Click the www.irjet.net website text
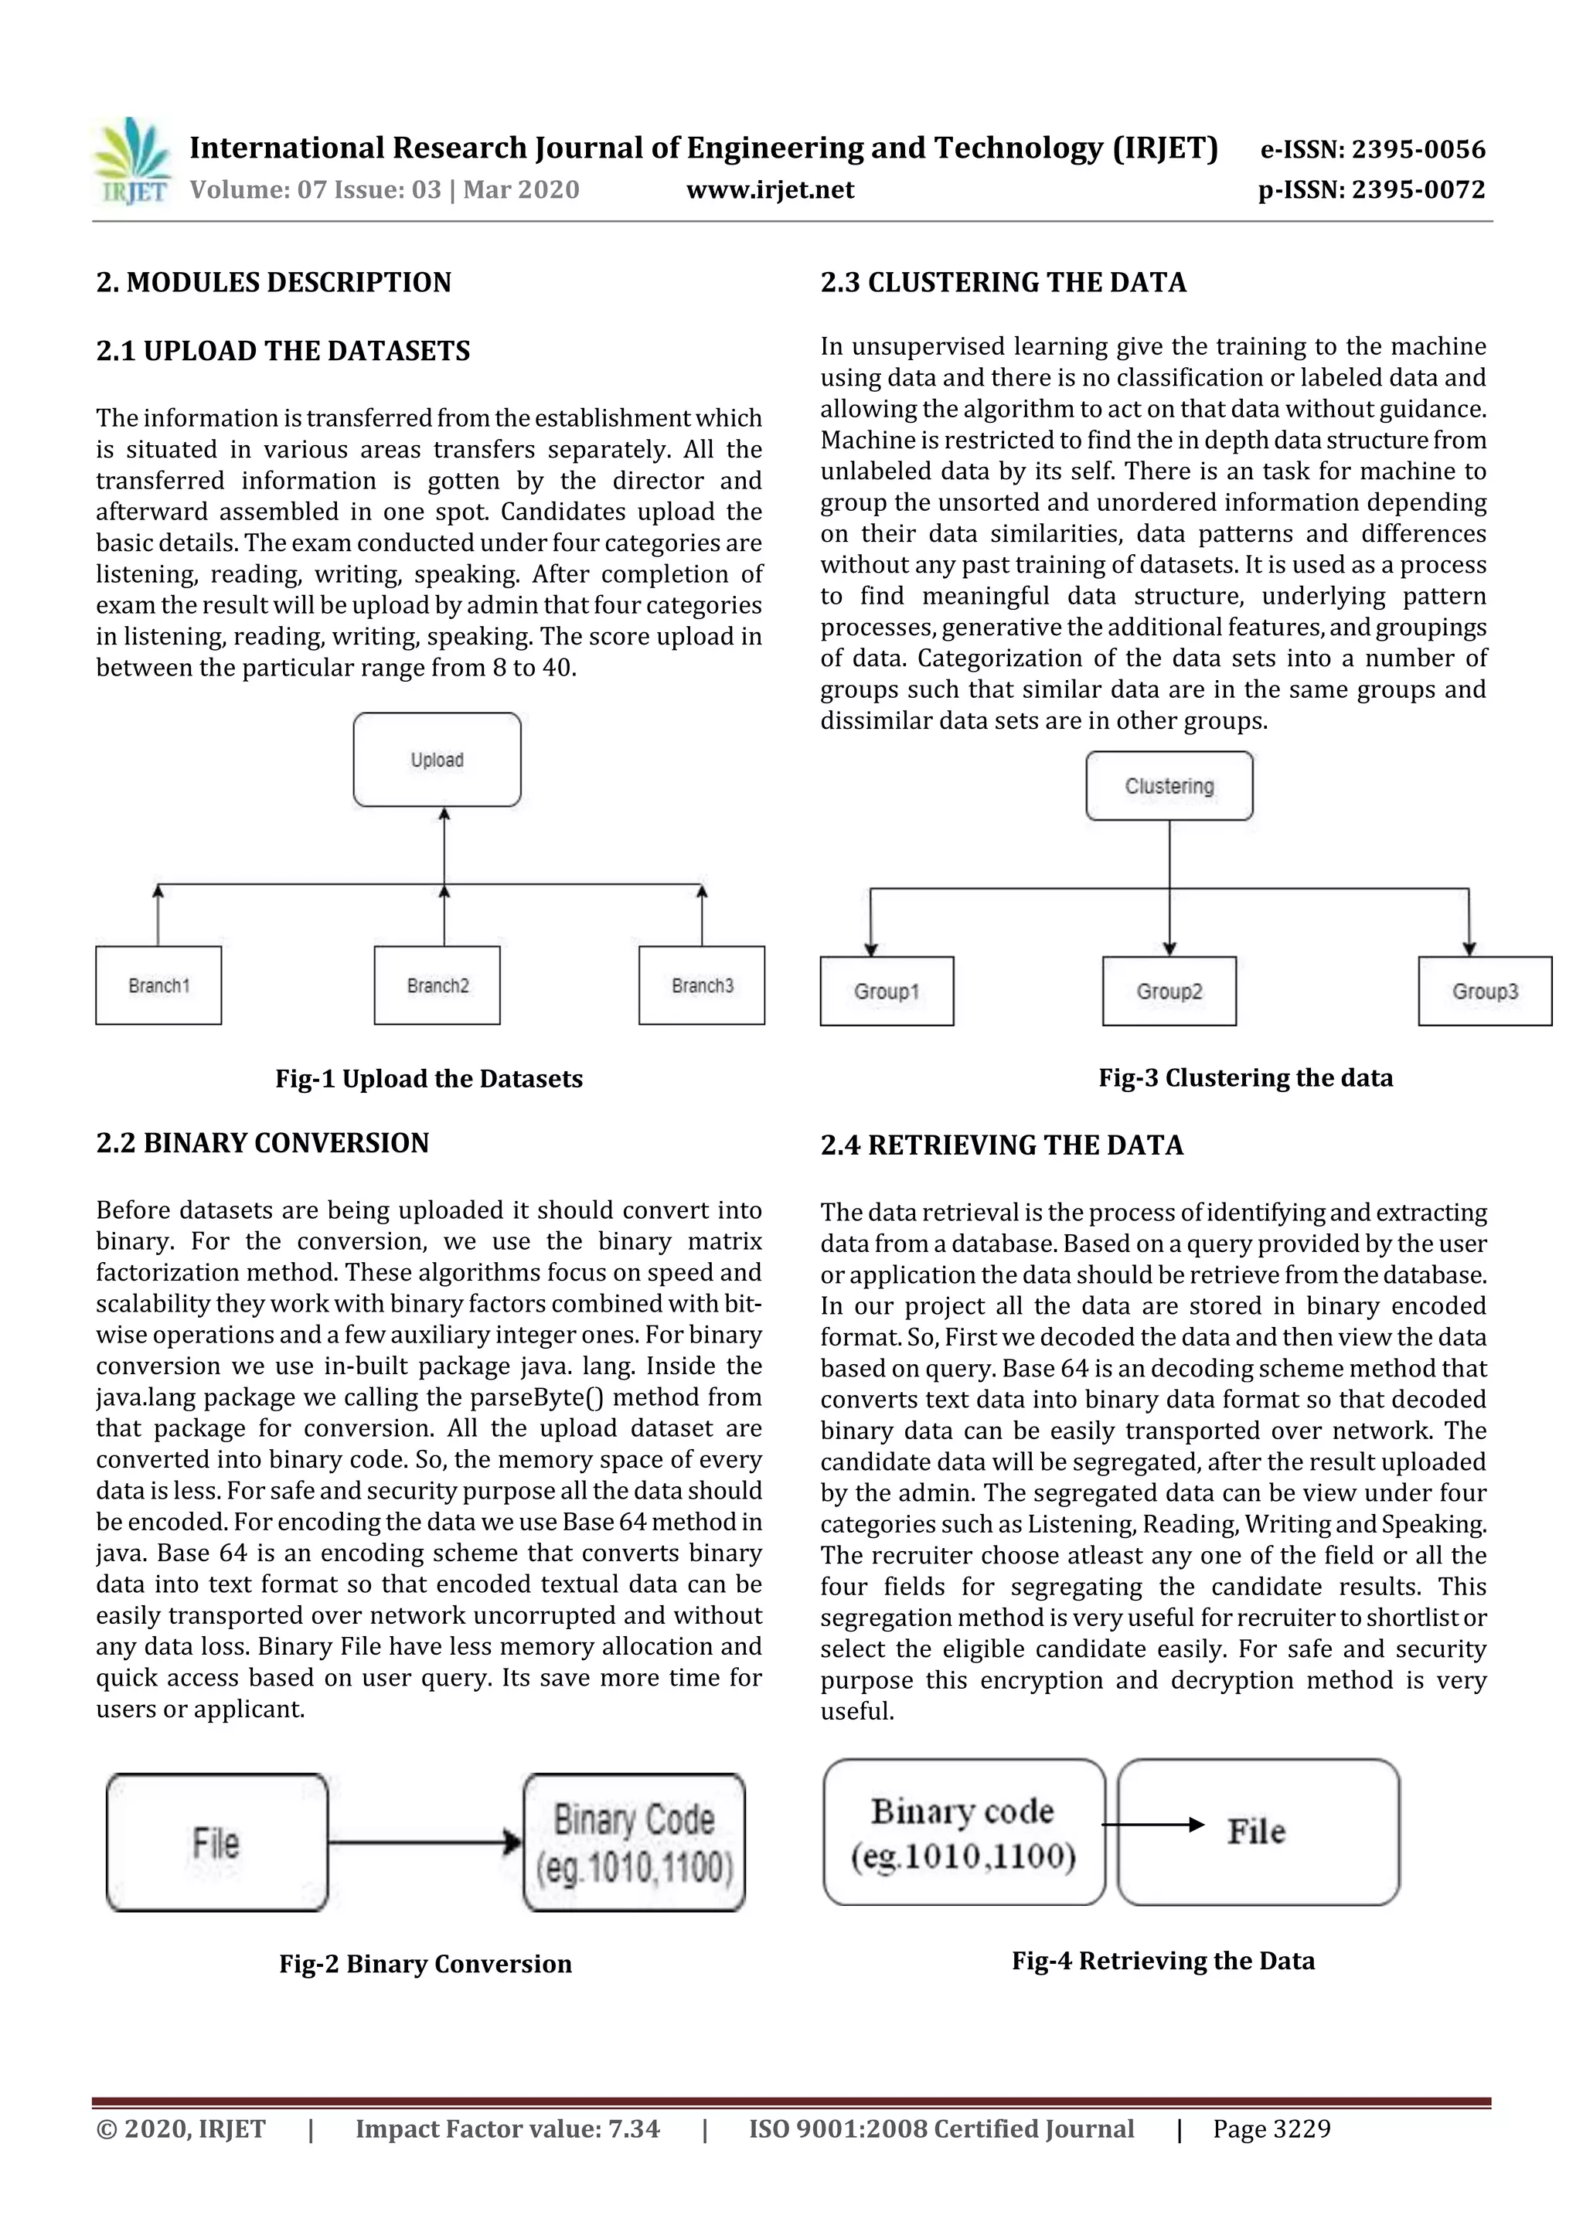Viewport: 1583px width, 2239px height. coord(770,190)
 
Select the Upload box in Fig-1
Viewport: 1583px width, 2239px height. coord(437,760)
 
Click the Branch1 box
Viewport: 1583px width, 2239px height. coord(158,985)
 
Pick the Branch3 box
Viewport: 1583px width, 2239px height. coord(701,985)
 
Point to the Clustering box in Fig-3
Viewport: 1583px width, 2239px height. coord(1169,786)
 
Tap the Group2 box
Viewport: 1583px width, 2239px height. coord(1169,991)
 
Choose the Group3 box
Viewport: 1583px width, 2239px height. coord(1483,991)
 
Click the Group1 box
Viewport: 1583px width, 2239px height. coord(886,991)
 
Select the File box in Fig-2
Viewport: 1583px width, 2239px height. coord(216,1842)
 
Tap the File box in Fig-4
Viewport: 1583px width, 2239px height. coord(1258,1832)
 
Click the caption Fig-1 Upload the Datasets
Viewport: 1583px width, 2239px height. coord(428,1079)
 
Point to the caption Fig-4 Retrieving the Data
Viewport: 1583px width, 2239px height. coord(1163,1960)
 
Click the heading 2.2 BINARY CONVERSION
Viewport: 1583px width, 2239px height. coord(262,1143)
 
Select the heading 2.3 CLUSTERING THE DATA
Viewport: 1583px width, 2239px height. coord(1003,283)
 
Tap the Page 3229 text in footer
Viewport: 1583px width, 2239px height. coord(1271,2128)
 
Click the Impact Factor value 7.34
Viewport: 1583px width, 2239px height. coord(507,2128)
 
